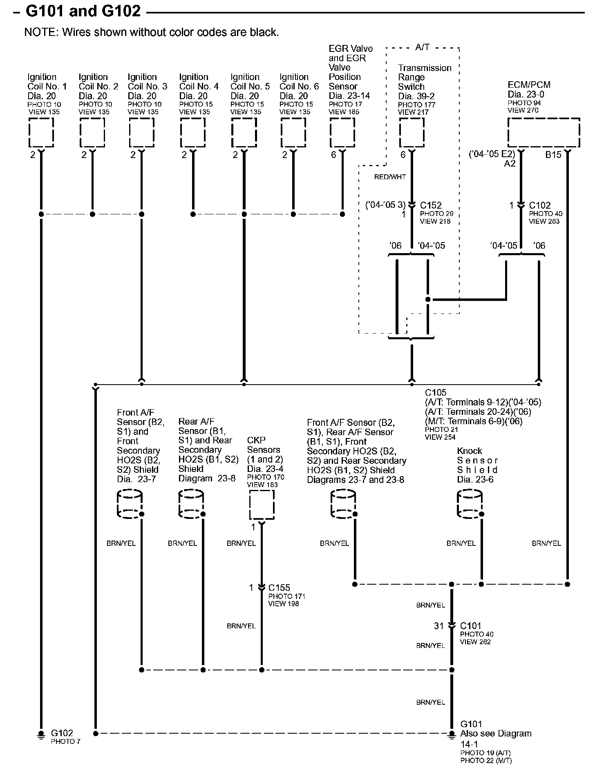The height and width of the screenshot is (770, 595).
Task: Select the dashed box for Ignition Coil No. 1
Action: click(41, 133)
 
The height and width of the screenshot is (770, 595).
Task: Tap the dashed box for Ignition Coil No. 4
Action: click(193, 133)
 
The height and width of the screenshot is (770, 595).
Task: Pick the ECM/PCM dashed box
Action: click(544, 133)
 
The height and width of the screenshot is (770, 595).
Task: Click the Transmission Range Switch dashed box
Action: click(412, 133)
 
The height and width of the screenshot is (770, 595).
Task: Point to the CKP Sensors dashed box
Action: click(262, 505)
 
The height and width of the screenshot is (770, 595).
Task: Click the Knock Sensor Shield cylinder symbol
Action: click(470, 505)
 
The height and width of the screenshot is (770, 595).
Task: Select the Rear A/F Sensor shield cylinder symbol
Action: click(191, 505)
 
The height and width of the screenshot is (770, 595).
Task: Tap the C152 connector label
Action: click(431, 205)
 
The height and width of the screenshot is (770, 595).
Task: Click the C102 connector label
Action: click(540, 205)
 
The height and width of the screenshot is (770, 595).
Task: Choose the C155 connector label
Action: click(279, 588)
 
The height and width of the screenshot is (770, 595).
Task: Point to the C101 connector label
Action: click(471, 625)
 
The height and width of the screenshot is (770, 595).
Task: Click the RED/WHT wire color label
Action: click(390, 177)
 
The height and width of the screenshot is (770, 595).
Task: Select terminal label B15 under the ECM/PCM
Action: click(553, 155)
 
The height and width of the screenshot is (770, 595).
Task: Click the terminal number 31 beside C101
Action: click(438, 625)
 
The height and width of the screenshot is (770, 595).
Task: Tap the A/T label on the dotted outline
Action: click(422, 47)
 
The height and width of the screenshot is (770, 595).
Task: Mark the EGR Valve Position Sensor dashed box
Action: click(342, 133)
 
